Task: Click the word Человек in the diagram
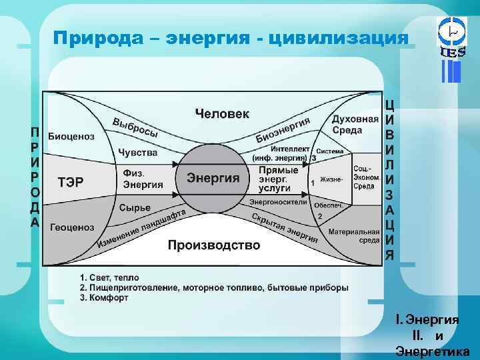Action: pos(222,114)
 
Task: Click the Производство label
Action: pos(213,245)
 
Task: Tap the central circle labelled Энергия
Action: pos(213,178)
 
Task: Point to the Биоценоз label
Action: pos(71,137)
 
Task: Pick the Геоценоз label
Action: pos(71,227)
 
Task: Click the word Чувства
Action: pos(137,153)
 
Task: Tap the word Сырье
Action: pos(135,207)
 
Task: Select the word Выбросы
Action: pos(135,127)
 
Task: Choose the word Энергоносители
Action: pos(278,201)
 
